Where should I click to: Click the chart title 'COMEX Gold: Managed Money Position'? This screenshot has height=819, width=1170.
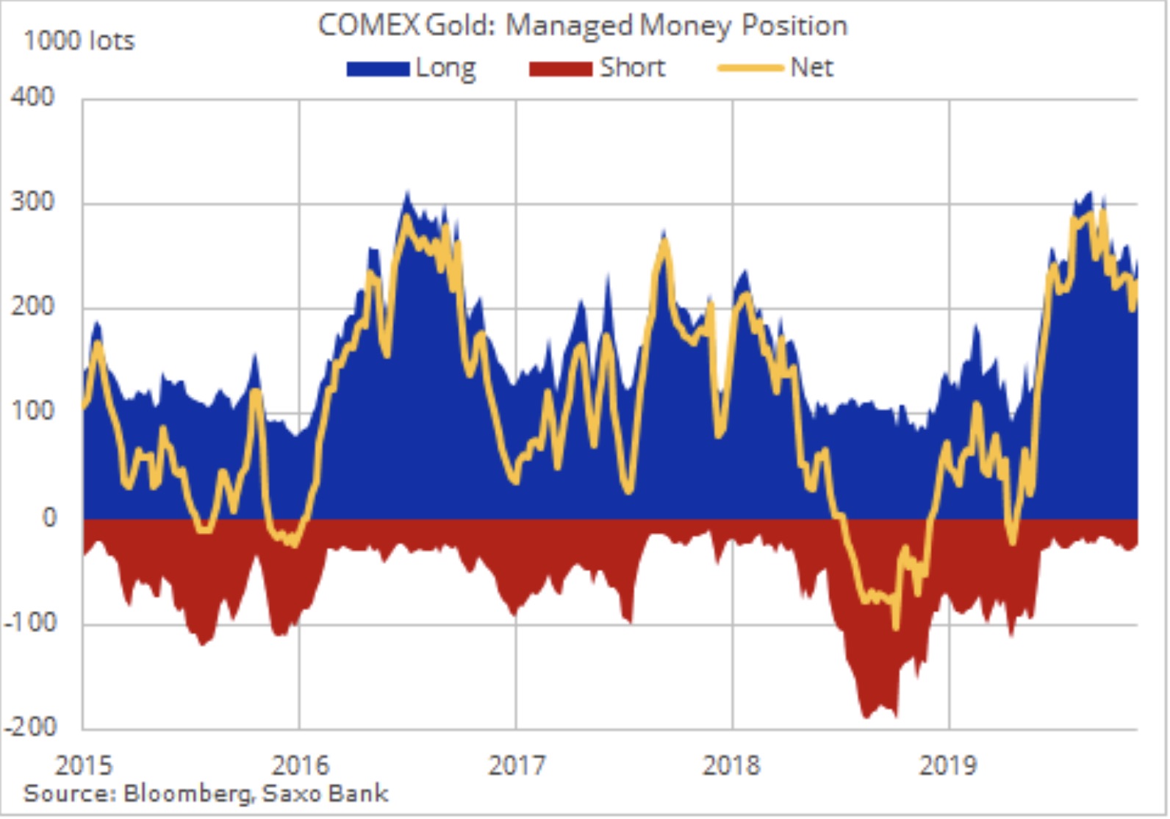point(582,26)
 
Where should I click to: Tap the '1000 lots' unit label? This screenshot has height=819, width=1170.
point(79,40)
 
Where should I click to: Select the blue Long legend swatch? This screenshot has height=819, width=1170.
point(378,68)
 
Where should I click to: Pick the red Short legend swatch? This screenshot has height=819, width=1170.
point(560,68)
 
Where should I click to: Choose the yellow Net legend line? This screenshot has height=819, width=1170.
point(750,68)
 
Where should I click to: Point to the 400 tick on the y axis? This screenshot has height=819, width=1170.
point(32,97)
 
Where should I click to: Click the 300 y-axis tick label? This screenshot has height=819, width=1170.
point(32,202)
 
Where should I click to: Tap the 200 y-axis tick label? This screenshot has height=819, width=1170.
point(32,307)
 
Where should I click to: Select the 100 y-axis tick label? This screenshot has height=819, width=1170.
point(32,412)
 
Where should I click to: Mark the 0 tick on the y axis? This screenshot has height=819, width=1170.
point(49,518)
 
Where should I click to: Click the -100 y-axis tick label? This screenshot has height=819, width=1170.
point(29,623)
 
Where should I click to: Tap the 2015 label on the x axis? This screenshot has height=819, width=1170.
point(84,766)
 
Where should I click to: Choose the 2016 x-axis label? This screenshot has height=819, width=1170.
point(300,766)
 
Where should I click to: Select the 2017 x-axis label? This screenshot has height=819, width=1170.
point(517,766)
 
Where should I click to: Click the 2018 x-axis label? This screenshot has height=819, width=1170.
point(731,766)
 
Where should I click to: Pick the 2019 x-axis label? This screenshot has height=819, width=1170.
point(948,766)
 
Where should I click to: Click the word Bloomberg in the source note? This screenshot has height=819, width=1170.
point(187,794)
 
